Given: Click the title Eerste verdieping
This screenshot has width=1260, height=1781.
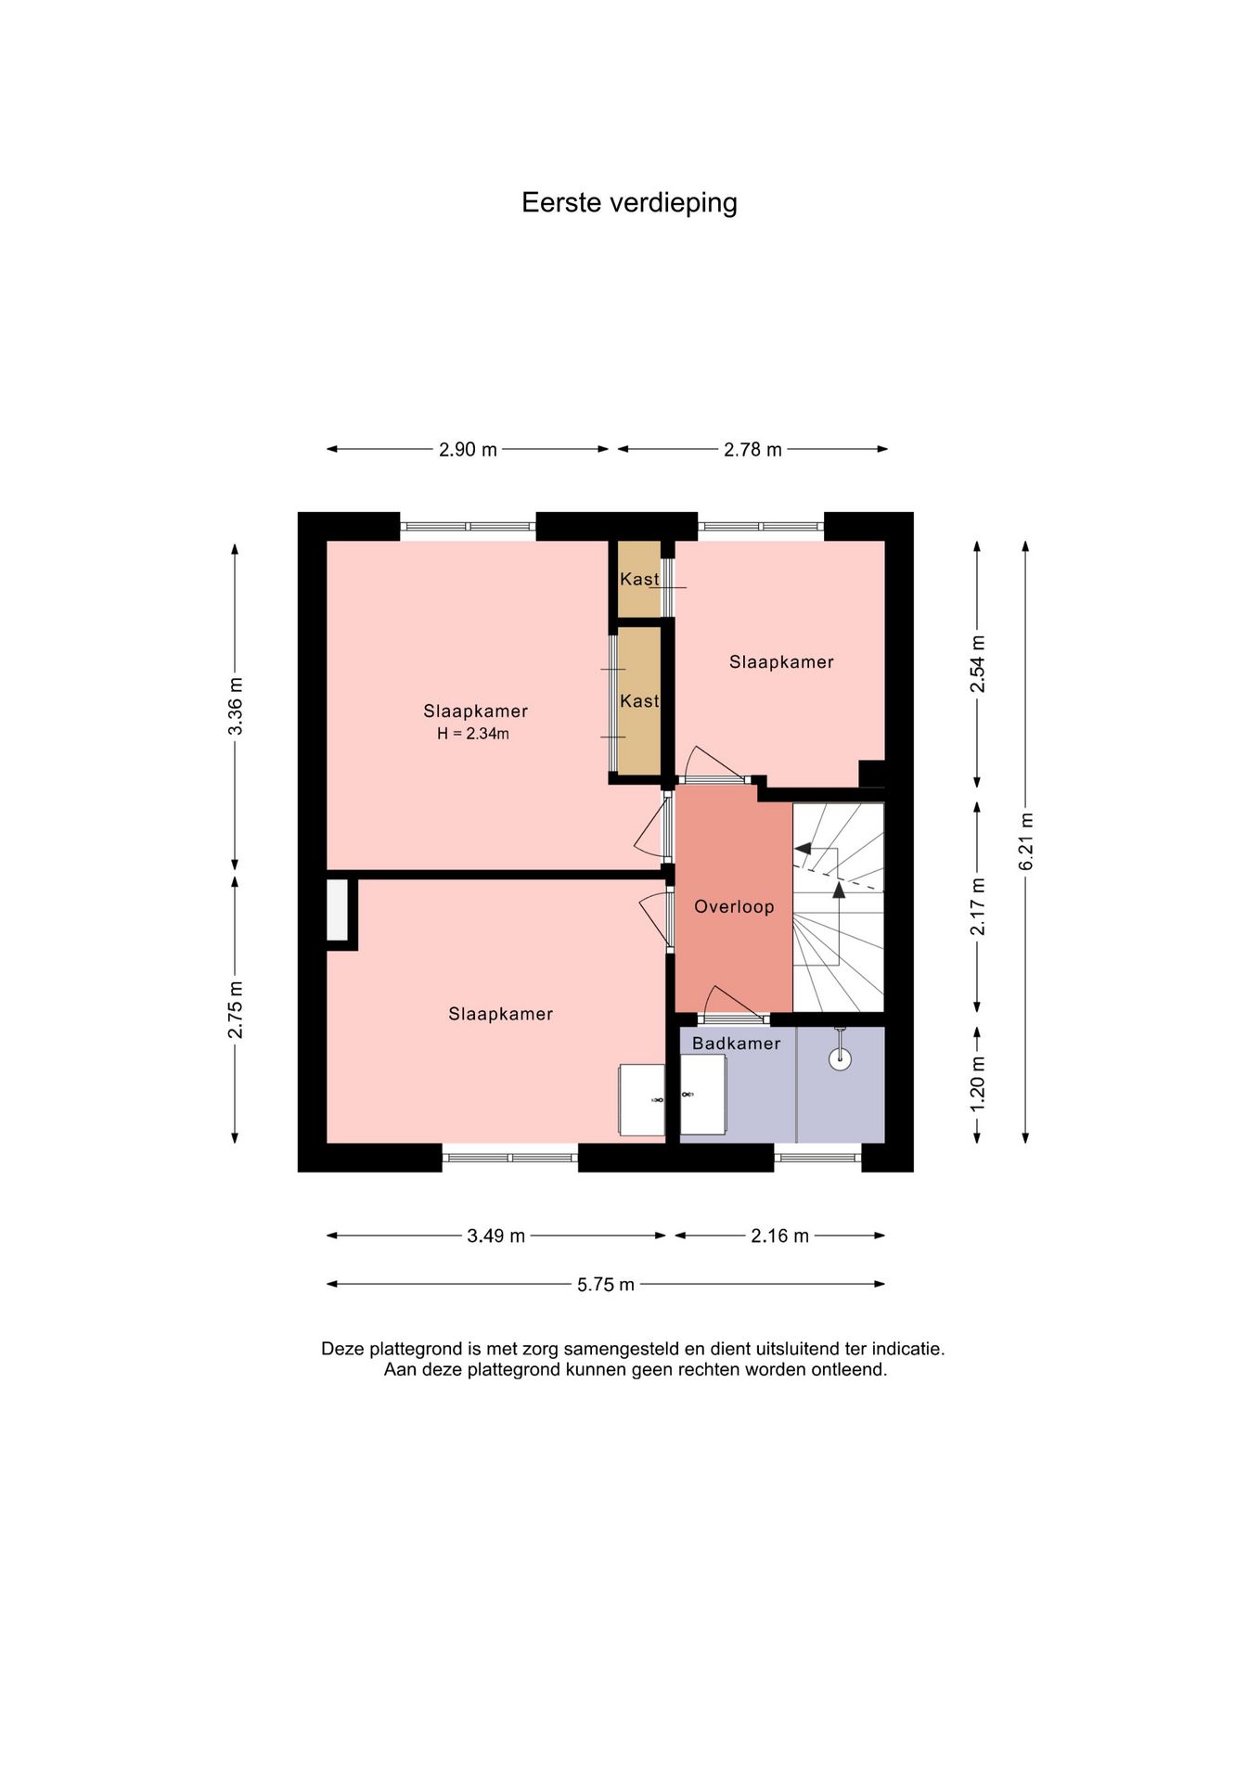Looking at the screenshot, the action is (x=629, y=203).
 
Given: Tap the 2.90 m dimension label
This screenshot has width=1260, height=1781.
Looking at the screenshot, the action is (x=468, y=450).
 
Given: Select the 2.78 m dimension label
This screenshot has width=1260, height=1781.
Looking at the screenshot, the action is (x=752, y=450).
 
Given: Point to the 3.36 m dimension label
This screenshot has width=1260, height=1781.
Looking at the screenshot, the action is (x=236, y=706).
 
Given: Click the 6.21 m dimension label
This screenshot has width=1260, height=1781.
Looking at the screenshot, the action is (x=1026, y=841).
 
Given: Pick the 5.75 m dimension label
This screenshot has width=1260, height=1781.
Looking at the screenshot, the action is (x=606, y=1285).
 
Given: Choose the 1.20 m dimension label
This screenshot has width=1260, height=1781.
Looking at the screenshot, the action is (x=978, y=1084).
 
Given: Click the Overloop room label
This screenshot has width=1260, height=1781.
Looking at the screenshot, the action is (x=734, y=907).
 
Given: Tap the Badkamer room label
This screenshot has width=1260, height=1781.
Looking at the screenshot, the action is (x=736, y=1044).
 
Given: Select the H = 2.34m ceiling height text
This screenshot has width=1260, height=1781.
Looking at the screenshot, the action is (x=473, y=734).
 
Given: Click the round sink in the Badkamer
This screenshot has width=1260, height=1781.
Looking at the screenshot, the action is (x=840, y=1058).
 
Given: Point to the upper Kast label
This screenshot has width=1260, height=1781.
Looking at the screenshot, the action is (x=639, y=579).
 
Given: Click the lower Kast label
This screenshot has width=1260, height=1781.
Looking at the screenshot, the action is (x=639, y=701).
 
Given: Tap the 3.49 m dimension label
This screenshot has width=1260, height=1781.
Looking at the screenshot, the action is (x=496, y=1236).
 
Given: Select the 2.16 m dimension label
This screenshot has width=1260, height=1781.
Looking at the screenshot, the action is (x=780, y=1236).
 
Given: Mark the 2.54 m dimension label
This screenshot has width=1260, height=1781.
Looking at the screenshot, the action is (x=978, y=664).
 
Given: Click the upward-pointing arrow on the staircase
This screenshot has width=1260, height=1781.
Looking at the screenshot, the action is (x=839, y=924).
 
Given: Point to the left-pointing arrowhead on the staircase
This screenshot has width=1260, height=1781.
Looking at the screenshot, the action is (x=803, y=849).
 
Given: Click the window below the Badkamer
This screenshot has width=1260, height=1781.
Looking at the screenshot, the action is (x=817, y=1158).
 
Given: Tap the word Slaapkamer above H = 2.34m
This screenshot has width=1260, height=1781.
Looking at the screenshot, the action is (x=475, y=711).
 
